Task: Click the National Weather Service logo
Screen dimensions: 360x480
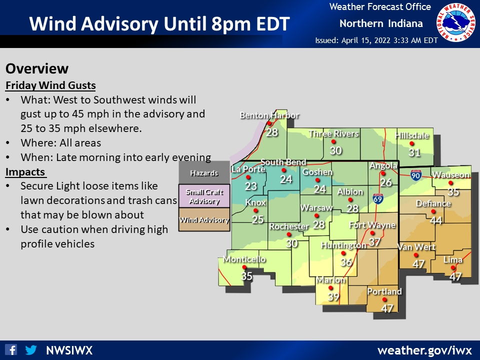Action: [x=457, y=23]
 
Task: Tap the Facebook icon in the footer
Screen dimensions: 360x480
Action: [x=11, y=349]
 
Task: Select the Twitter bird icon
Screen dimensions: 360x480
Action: [x=31, y=349]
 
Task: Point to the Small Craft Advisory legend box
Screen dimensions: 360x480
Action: [x=204, y=196]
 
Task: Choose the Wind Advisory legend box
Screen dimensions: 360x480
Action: [x=204, y=220]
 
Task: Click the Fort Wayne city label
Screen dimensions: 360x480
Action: [x=372, y=224]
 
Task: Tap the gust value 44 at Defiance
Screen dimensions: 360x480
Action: [x=436, y=220]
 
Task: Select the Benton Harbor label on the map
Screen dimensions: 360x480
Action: [x=269, y=115]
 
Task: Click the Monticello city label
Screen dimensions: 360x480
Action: [x=244, y=259]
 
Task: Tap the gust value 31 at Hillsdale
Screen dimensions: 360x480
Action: [x=414, y=153]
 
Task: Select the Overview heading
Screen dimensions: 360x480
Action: [x=37, y=68]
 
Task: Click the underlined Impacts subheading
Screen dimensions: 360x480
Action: [x=25, y=172]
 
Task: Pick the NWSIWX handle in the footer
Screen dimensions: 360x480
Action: [x=69, y=350]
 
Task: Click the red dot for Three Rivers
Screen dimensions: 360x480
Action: [x=333, y=141]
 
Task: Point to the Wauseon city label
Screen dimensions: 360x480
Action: [x=451, y=175]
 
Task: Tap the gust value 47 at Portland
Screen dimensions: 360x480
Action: [x=387, y=308]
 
